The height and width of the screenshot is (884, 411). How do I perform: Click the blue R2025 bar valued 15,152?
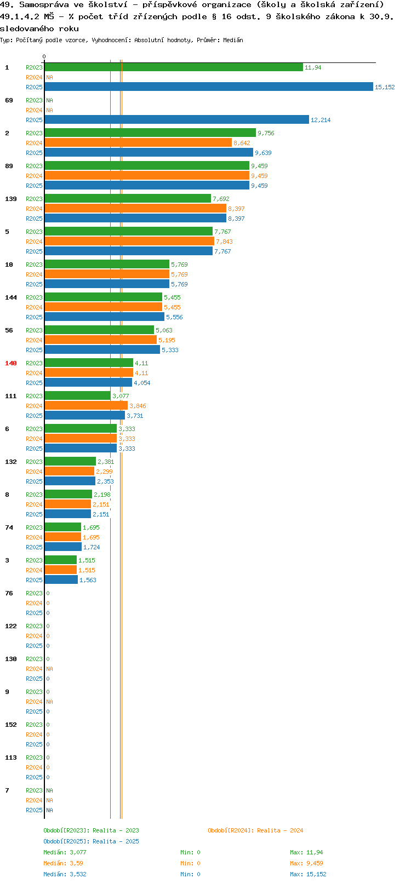(209, 87)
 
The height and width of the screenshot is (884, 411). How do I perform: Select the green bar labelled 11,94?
(174, 67)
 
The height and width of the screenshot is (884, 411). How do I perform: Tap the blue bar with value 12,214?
(177, 119)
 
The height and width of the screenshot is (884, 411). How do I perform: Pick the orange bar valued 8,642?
(138, 142)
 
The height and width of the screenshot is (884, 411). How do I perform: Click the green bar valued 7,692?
(128, 198)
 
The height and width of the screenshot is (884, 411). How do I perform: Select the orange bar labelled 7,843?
(129, 241)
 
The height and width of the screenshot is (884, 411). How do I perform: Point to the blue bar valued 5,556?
(105, 317)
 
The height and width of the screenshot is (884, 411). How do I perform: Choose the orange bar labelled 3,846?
(86, 405)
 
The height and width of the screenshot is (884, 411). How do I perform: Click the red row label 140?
(10, 363)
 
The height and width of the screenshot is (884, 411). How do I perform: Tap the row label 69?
(9, 100)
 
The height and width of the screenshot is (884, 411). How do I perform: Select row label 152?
(10, 725)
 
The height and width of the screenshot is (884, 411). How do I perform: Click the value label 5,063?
(164, 330)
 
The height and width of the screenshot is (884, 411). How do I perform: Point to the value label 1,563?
(88, 580)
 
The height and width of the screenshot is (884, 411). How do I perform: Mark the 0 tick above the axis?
(44, 56)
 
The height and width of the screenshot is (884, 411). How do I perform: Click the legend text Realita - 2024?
(280, 830)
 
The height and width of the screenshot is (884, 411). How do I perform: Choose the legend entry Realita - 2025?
(116, 841)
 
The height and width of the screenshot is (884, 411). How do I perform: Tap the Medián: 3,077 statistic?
(65, 852)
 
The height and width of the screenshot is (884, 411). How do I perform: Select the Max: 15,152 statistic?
(308, 874)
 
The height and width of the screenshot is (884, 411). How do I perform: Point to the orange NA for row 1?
(49, 77)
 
